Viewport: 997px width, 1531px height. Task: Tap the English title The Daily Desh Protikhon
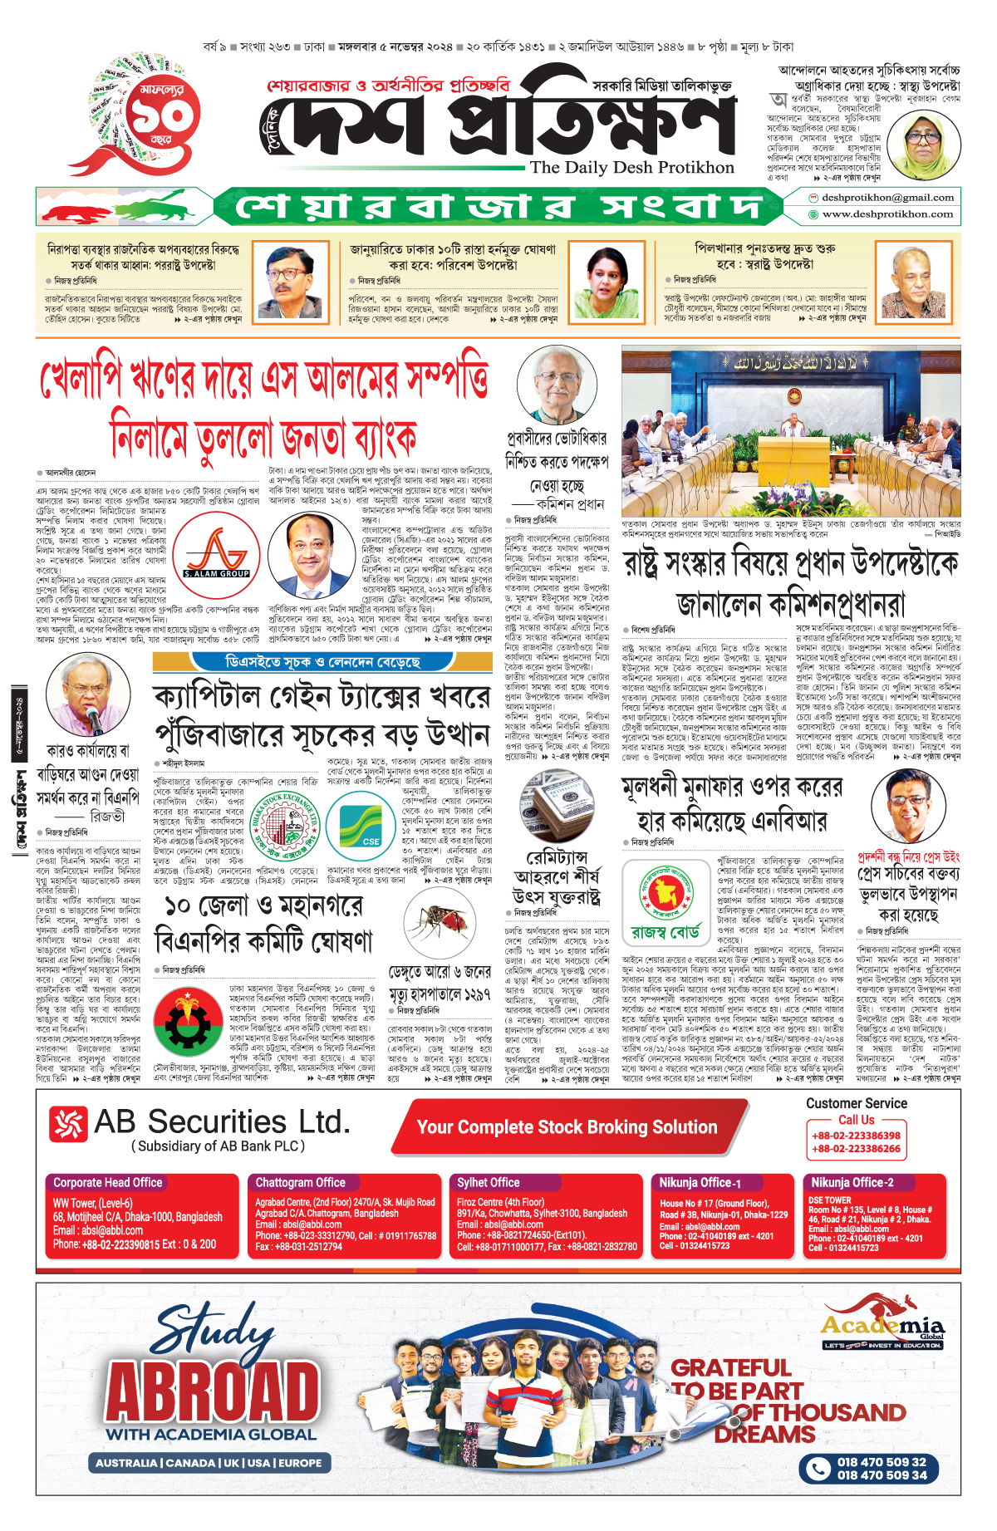[x=631, y=168]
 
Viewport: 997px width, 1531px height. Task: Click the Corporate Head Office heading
[x=108, y=1182]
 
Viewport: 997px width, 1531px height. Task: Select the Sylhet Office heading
[x=489, y=1182]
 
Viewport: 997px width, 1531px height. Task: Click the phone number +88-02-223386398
[x=856, y=1136]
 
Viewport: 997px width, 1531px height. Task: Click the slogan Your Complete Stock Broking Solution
[x=567, y=1127]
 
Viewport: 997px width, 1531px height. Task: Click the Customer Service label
[x=856, y=1103]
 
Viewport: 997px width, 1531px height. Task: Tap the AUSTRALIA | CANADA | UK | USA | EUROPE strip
[x=208, y=1463]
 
